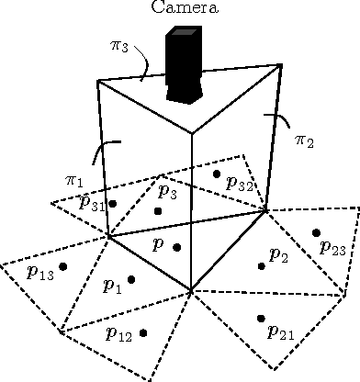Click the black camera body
(184, 63)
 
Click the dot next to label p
(177, 248)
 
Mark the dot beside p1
(131, 279)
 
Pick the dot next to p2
(262, 265)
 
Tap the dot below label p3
(158, 211)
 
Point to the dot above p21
(261, 319)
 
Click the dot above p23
(316, 232)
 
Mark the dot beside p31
(113, 203)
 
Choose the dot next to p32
(217, 174)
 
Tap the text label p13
(41, 273)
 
